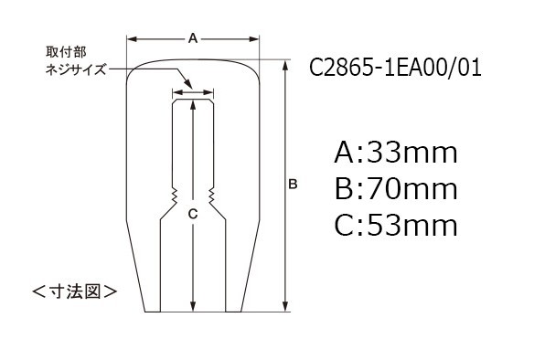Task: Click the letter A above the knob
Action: click(193, 38)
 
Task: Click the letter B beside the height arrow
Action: click(293, 184)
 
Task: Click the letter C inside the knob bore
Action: click(193, 214)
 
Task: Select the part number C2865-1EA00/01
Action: click(395, 68)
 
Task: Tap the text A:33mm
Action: click(396, 153)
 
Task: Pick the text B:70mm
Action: click(396, 189)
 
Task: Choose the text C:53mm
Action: click(396, 226)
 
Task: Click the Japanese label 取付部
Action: click(66, 52)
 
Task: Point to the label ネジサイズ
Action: click(76, 69)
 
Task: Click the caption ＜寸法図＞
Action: click(75, 291)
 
